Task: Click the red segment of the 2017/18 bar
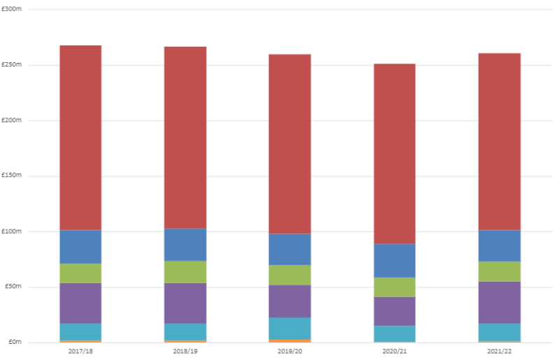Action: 80,138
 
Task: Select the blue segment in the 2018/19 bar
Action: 185,245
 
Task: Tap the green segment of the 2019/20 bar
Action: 290,275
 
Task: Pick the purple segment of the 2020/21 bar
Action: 395,311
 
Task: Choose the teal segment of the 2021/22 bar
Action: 500,332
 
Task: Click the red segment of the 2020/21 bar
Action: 395,154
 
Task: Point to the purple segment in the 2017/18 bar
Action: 80,303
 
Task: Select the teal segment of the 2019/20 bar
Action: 290,328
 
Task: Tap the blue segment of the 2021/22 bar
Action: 500,245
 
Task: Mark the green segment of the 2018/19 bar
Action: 185,272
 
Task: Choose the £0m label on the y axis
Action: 15,342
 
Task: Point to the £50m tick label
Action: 15,287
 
